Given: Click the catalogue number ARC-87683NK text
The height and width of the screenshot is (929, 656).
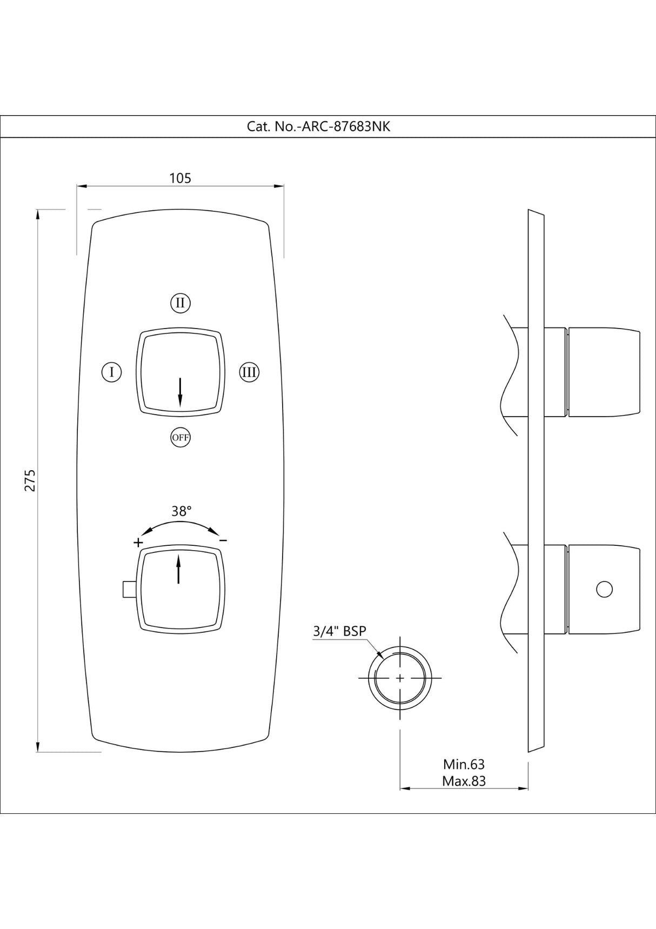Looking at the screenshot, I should coord(318,126).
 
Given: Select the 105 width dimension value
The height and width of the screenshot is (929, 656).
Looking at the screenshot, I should coord(180,178).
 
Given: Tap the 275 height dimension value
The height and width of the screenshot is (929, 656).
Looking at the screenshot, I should coord(30,480).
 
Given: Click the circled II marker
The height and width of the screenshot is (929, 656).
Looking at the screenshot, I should coord(180,303).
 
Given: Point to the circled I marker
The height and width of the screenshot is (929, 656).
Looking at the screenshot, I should coord(111,372).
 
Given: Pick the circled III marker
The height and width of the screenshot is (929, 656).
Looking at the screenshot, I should coord(249,372).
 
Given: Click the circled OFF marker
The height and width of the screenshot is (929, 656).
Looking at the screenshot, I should coord(180,437).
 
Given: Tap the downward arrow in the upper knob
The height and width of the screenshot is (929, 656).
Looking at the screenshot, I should coord(180,392).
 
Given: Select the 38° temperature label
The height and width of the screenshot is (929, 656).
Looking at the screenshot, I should coord(182,511).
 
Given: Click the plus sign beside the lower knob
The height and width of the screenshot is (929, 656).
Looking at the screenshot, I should coord(138,542).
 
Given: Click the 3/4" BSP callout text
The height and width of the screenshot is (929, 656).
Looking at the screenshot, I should coord(339,631).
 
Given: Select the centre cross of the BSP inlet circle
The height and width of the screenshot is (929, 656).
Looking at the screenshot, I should coord(400,678).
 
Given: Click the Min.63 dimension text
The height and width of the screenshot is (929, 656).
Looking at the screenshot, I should coord(464,764).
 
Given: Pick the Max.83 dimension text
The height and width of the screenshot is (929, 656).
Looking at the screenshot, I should coord(464,781).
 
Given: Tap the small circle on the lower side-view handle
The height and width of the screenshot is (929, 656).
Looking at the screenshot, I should coord(604,589).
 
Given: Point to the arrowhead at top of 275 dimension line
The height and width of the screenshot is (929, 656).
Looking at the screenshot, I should coord(37,214).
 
